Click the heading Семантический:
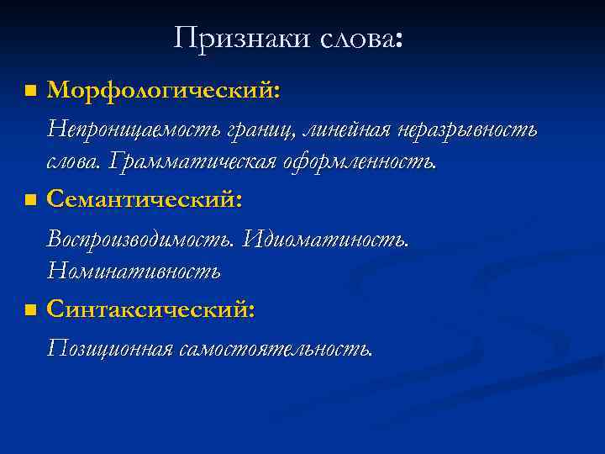coord(145,199)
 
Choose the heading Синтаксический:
coord(151,309)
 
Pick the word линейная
coord(341,131)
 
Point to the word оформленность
coord(365,161)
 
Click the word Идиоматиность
coord(326,240)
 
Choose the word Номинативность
coord(134,271)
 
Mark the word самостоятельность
coord(275,348)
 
